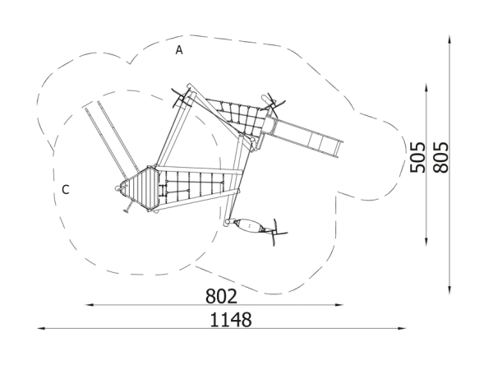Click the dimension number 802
pyautogui.click(x=221, y=296)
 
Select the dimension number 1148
pyautogui.click(x=230, y=320)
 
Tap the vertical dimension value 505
pyautogui.click(x=418, y=157)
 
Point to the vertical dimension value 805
pyautogui.click(x=440, y=157)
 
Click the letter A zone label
pyautogui.click(x=179, y=49)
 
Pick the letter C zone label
pyautogui.click(x=66, y=190)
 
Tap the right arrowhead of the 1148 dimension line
pyautogui.click(x=402, y=328)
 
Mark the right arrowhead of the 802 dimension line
pyautogui.click(x=339, y=304)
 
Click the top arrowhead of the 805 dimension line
pyautogui.click(x=449, y=40)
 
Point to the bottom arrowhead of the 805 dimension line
pyautogui.click(x=449, y=290)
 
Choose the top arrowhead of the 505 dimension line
pyautogui.click(x=426, y=88)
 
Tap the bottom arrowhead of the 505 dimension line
pyautogui.click(x=426, y=241)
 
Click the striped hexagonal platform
pyautogui.click(x=142, y=188)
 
